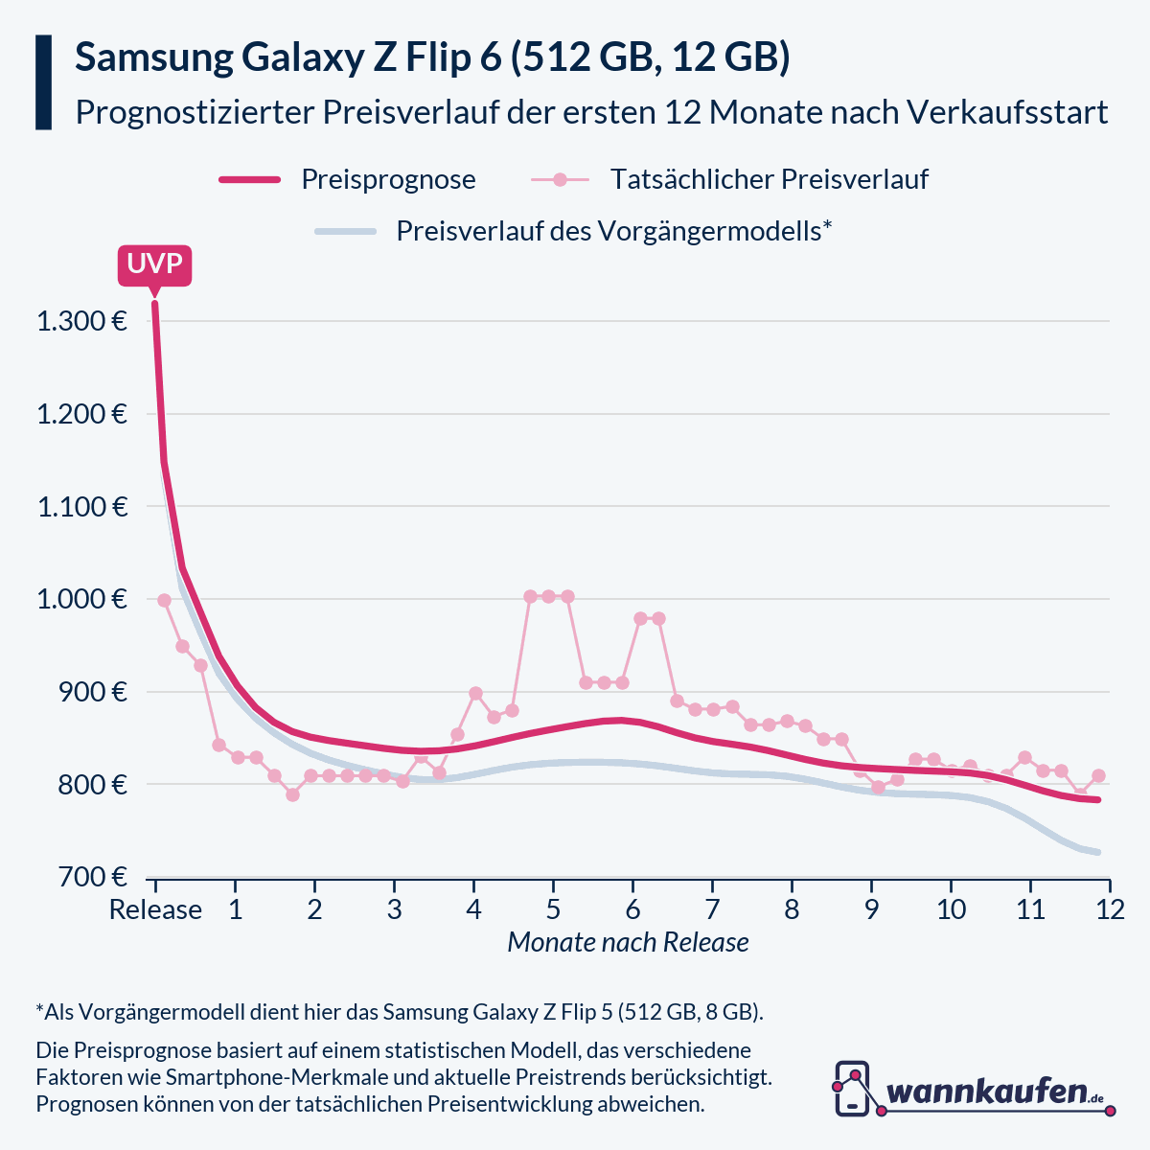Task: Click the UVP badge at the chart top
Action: coord(154,264)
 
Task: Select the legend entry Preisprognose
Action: coord(388,179)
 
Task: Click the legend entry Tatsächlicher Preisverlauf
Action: coord(769,179)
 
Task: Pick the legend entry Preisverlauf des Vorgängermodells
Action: coord(613,231)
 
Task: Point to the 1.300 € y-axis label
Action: coord(81,321)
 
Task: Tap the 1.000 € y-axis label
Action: coord(81,600)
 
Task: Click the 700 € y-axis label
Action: coord(92,877)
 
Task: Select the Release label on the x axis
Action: coord(155,908)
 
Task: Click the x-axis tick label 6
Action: coord(632,908)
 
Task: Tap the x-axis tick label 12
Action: coord(1109,908)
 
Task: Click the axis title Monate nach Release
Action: coord(628,943)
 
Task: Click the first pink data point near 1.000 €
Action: coord(164,600)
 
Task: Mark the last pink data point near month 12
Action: coord(1098,775)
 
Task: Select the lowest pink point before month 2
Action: coord(292,794)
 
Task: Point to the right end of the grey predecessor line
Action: coord(1098,852)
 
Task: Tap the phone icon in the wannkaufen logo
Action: coord(852,1089)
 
